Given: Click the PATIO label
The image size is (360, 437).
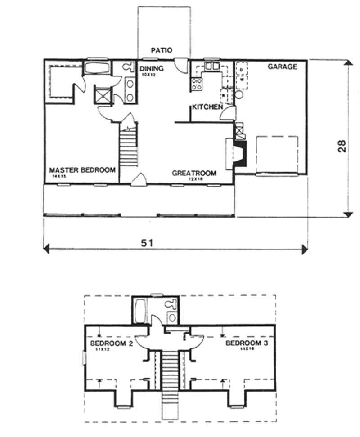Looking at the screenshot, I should [162, 50].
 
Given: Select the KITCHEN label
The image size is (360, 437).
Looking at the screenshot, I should [207, 107].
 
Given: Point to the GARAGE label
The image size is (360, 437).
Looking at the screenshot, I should [283, 67].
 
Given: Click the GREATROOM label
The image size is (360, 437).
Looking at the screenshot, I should [194, 173].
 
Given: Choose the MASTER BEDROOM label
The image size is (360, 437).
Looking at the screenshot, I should [82, 170].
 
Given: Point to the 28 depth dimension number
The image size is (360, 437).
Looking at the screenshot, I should [342, 146].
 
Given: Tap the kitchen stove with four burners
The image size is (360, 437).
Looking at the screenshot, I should [197, 84].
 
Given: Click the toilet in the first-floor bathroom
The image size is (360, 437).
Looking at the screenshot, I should [127, 67].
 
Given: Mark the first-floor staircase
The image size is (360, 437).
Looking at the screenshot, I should [128, 146].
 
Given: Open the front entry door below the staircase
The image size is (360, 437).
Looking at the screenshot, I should [139, 178].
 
